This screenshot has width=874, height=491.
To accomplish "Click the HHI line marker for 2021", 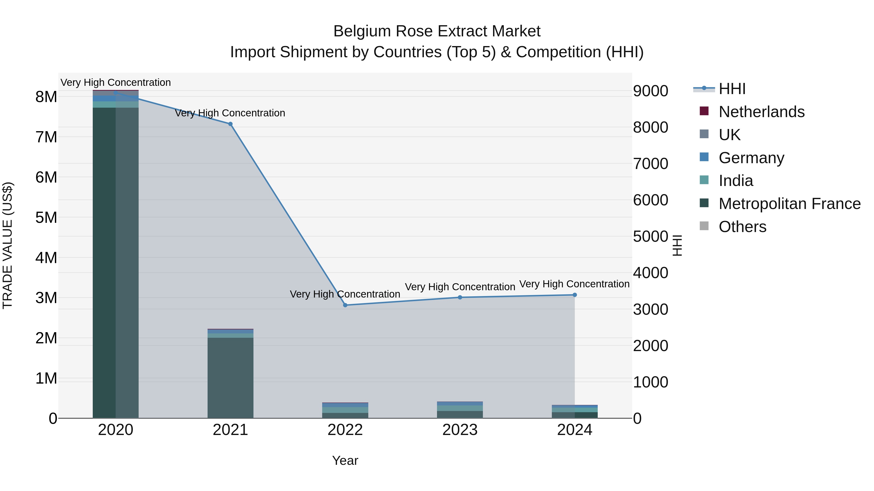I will coord(230,124).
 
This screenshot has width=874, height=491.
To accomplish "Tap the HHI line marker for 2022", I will coord(345,305).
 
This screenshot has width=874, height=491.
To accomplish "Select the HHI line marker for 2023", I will coord(460,298).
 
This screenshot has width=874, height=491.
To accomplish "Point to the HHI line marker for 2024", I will coord(575,295).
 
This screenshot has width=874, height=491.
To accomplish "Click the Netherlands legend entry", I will coord(761,112).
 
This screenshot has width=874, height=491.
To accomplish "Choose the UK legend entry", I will coord(730,135).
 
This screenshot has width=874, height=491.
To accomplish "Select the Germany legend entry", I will coord(751,158).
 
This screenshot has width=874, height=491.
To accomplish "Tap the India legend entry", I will coord(736,181).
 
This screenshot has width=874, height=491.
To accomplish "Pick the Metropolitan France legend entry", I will coord(790,204).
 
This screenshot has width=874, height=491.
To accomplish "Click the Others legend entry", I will coord(742,227).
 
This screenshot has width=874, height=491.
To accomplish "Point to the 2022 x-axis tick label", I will coord(345,430).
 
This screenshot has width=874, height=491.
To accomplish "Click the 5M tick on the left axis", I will coord(46,217).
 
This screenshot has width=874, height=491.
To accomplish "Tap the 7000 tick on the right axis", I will coord(650,164).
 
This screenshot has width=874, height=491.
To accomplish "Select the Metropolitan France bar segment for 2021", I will coord(230,378).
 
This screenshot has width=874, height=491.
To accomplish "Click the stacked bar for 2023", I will coord(460,410).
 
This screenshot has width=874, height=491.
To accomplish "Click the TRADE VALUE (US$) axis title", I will coord(8,245).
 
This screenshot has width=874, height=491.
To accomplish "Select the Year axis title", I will coord(345,460).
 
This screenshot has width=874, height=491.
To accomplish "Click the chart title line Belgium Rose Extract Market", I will coord(437,31).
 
